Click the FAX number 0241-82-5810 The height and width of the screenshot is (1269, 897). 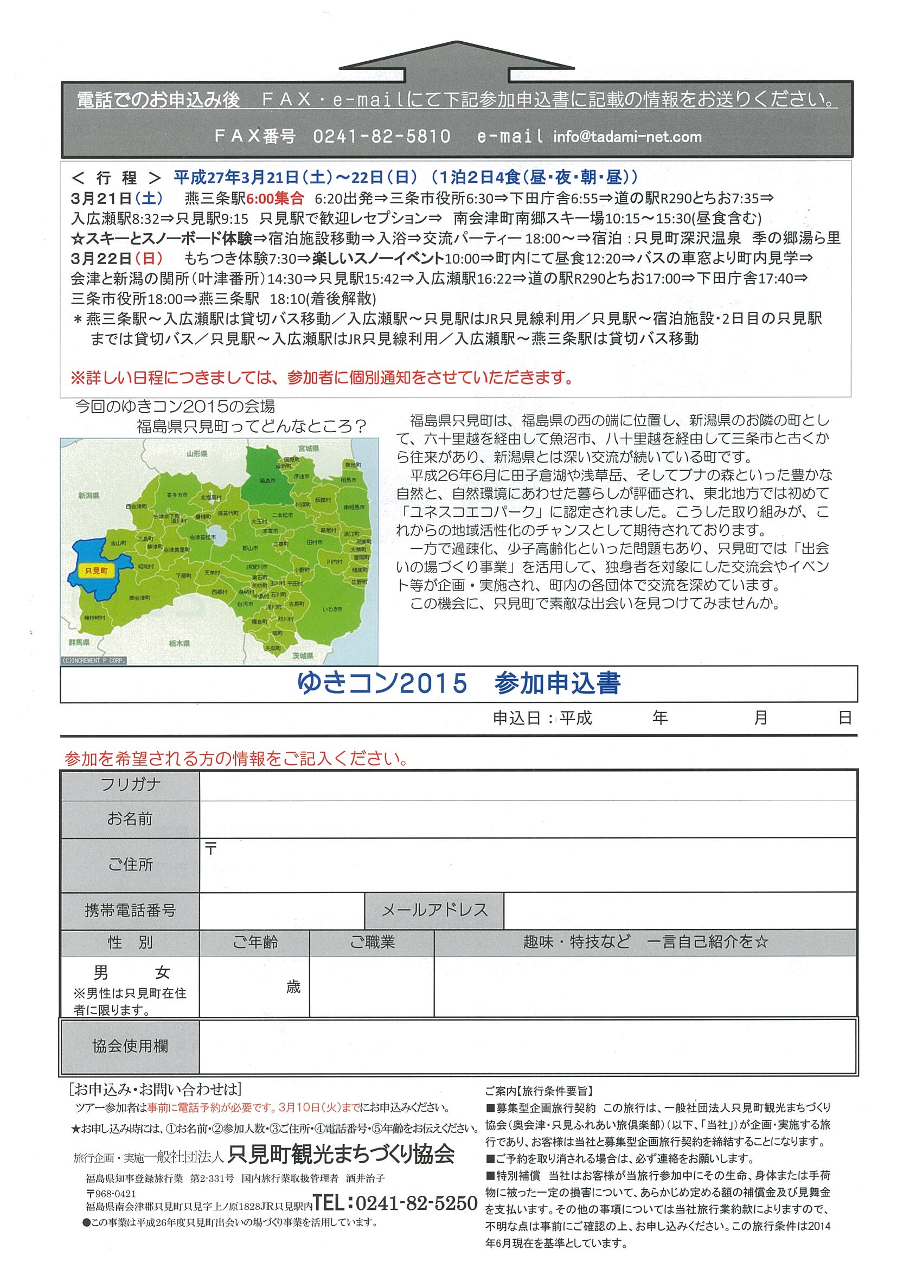pos(381,136)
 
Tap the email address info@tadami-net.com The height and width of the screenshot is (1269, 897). pos(627,137)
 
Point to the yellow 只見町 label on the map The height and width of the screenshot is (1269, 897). pos(97,571)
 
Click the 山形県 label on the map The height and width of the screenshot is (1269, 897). pos(197,454)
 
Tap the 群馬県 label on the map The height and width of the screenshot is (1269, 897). pos(79,642)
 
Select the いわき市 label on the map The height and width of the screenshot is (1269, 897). pos(331,608)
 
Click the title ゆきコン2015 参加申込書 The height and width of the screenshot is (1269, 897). pos(459,684)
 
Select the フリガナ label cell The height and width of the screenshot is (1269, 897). pos(131,785)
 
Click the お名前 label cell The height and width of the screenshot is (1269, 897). pos(131,819)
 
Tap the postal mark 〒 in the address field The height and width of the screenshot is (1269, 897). pos(210,849)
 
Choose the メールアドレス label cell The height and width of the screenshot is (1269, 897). pos(434,911)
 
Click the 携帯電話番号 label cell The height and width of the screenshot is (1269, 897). pos(131,911)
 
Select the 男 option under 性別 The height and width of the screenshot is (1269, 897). pos(101,972)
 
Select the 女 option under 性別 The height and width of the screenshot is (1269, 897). pos(162,972)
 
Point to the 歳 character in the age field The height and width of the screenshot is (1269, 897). pos(293,987)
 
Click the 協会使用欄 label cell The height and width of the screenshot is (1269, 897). pos(131,1046)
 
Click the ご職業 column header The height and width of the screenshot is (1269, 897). pos(372,943)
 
